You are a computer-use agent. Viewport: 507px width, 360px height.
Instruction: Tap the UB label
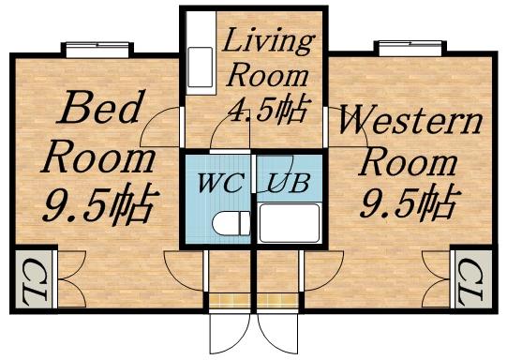point(284,180)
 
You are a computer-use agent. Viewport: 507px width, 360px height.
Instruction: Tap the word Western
point(410,122)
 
